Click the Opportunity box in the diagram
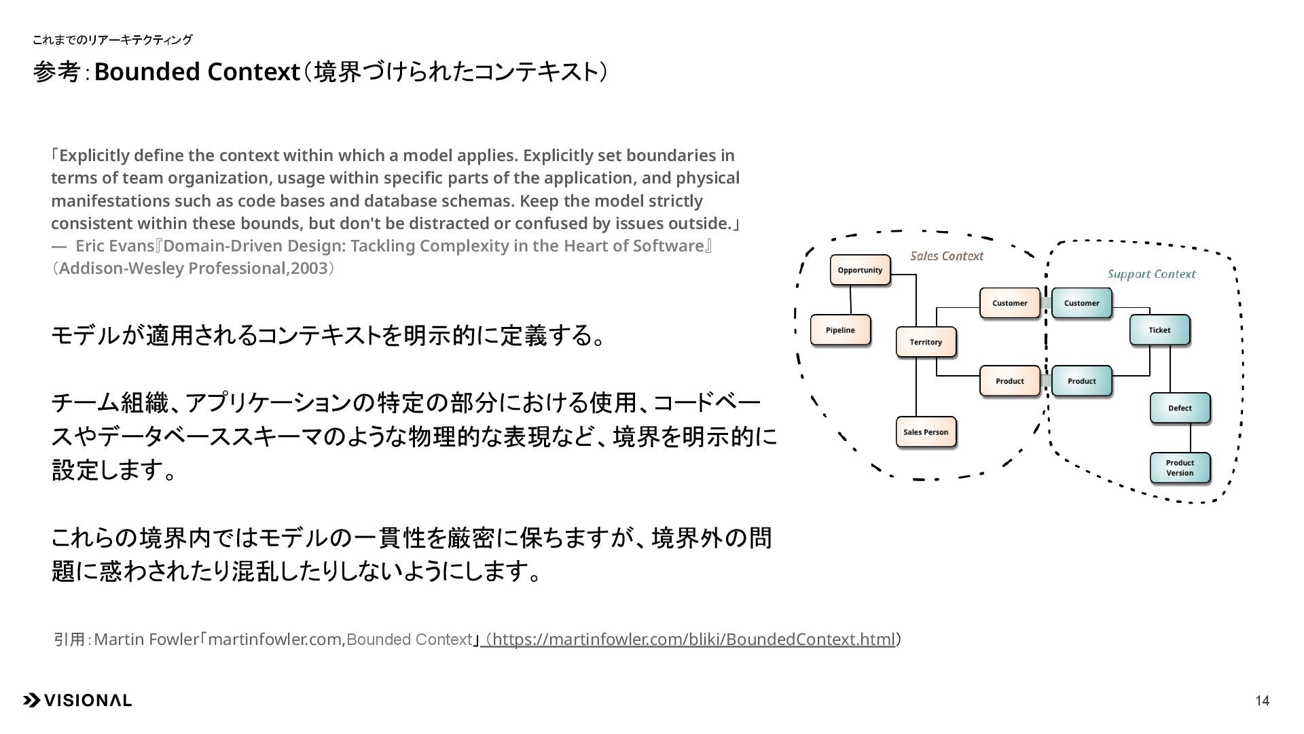pyautogui.click(x=860, y=270)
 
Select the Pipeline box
pyautogui.click(x=840, y=330)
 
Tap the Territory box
pyautogui.click(x=926, y=342)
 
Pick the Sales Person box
pyautogui.click(x=926, y=432)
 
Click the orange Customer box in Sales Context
pyautogui.click(x=1009, y=303)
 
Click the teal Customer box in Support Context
pyautogui.click(x=1081, y=303)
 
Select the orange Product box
pyautogui.click(x=1009, y=381)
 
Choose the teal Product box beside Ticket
pyautogui.click(x=1081, y=381)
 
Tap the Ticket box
pyautogui.click(x=1159, y=330)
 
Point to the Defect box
pyautogui.click(x=1180, y=408)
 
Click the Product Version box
pyautogui.click(x=1180, y=468)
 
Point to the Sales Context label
pyautogui.click(x=947, y=256)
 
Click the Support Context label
pyautogui.click(x=1151, y=275)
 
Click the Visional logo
pyautogui.click(x=77, y=701)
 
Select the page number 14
pyautogui.click(x=1262, y=701)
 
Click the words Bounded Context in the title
pyautogui.click(x=197, y=72)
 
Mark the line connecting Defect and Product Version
pyautogui.click(x=1190, y=438)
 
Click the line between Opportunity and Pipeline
pyautogui.click(x=850, y=300)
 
